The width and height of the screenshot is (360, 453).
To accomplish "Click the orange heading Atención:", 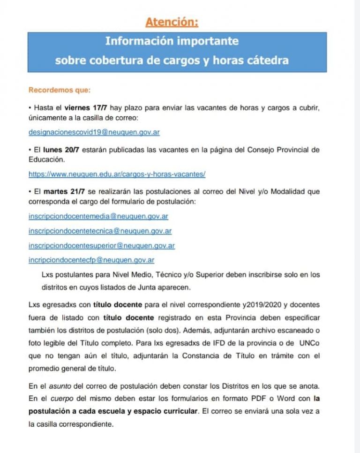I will point(172,22).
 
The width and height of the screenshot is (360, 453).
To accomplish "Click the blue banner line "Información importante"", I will point(172,41).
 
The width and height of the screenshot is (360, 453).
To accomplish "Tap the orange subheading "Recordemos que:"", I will point(60,89).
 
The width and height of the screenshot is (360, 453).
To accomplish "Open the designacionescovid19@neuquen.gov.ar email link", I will point(94,132).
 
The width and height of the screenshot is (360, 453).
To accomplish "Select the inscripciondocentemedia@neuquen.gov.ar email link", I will point(98,216).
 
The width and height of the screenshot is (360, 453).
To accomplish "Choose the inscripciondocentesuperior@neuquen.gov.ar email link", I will point(102,245).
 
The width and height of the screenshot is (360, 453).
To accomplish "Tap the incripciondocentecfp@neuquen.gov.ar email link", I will point(91,260).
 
